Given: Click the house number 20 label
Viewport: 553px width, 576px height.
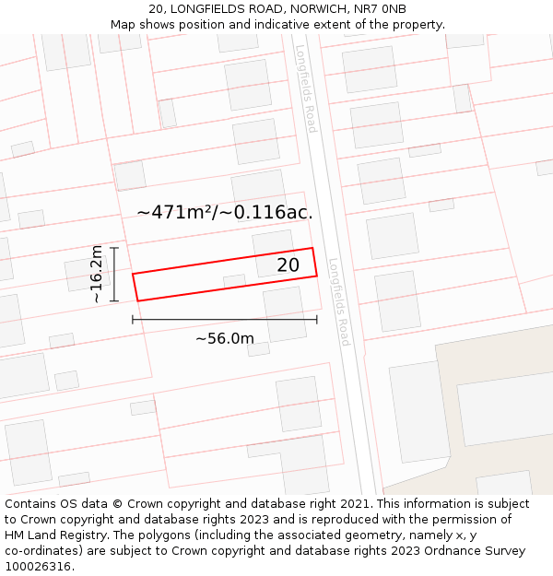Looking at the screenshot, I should [288, 265].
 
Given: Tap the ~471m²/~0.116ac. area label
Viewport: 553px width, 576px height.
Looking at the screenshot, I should [225, 212].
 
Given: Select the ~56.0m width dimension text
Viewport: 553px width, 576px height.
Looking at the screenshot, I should [225, 338].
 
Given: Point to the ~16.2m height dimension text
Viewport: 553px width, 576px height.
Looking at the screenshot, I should [96, 275].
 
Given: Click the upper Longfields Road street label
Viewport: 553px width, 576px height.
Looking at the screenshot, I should [306, 88].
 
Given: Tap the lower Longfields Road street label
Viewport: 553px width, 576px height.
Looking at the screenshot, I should [339, 301].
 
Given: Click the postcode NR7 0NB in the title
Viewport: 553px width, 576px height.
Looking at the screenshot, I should [380, 9].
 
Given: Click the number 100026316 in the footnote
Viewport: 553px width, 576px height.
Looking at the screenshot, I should [38, 567].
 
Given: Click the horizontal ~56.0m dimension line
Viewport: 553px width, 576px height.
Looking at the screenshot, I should [225, 320].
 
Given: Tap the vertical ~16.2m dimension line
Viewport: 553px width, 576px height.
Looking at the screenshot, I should [115, 275].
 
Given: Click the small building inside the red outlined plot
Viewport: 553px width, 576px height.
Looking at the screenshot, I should [235, 281].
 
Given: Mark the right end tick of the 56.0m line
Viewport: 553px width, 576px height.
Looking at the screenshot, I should [317, 320].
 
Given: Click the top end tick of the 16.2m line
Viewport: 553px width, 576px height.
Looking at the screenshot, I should [115, 248].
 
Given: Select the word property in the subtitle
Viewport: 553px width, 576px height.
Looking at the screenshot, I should [416, 25].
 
